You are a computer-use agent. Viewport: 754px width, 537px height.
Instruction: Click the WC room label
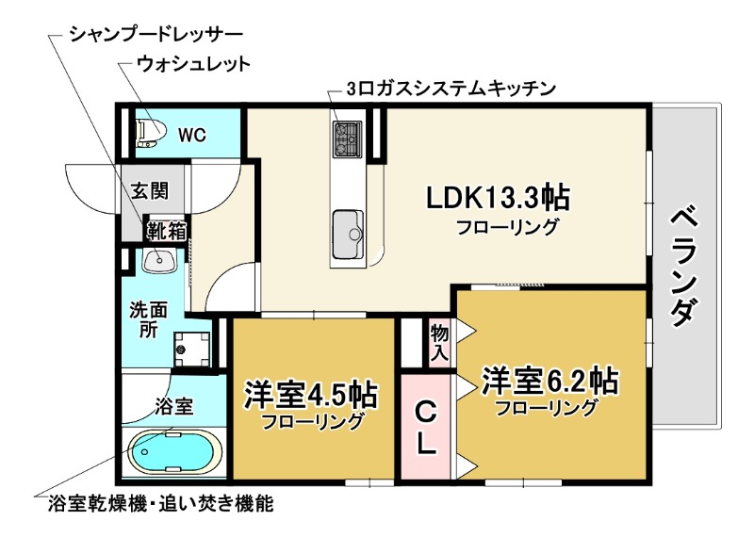pos(192,135)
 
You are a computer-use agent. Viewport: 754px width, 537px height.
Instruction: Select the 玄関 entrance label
pos(149,190)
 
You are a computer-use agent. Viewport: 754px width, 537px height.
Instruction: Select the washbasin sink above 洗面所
pos(159,260)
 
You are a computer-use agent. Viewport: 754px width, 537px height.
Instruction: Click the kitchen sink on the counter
pos(349,229)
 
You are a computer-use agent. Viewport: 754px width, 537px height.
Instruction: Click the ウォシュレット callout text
pos(193,64)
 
